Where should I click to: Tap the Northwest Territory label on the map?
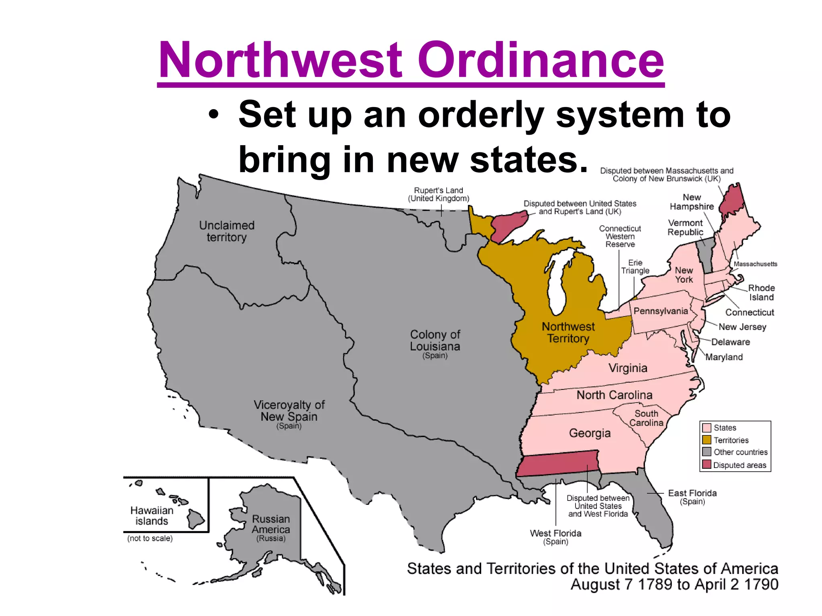568,332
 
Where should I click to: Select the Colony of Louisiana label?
435,341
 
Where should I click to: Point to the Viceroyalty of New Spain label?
289,411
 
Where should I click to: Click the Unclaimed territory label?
227,231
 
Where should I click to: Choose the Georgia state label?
590,433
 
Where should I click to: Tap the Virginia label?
628,368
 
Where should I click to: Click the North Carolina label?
614,395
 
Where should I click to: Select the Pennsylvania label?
660,311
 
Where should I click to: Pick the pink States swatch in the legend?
707,428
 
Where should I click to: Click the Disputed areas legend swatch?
707,465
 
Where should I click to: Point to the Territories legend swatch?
707,440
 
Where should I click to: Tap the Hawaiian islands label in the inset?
152,516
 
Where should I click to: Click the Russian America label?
271,525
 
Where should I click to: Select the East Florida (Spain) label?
692,496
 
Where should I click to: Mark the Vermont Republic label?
685,227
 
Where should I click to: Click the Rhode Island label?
761,293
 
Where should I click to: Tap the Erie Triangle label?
635,267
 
